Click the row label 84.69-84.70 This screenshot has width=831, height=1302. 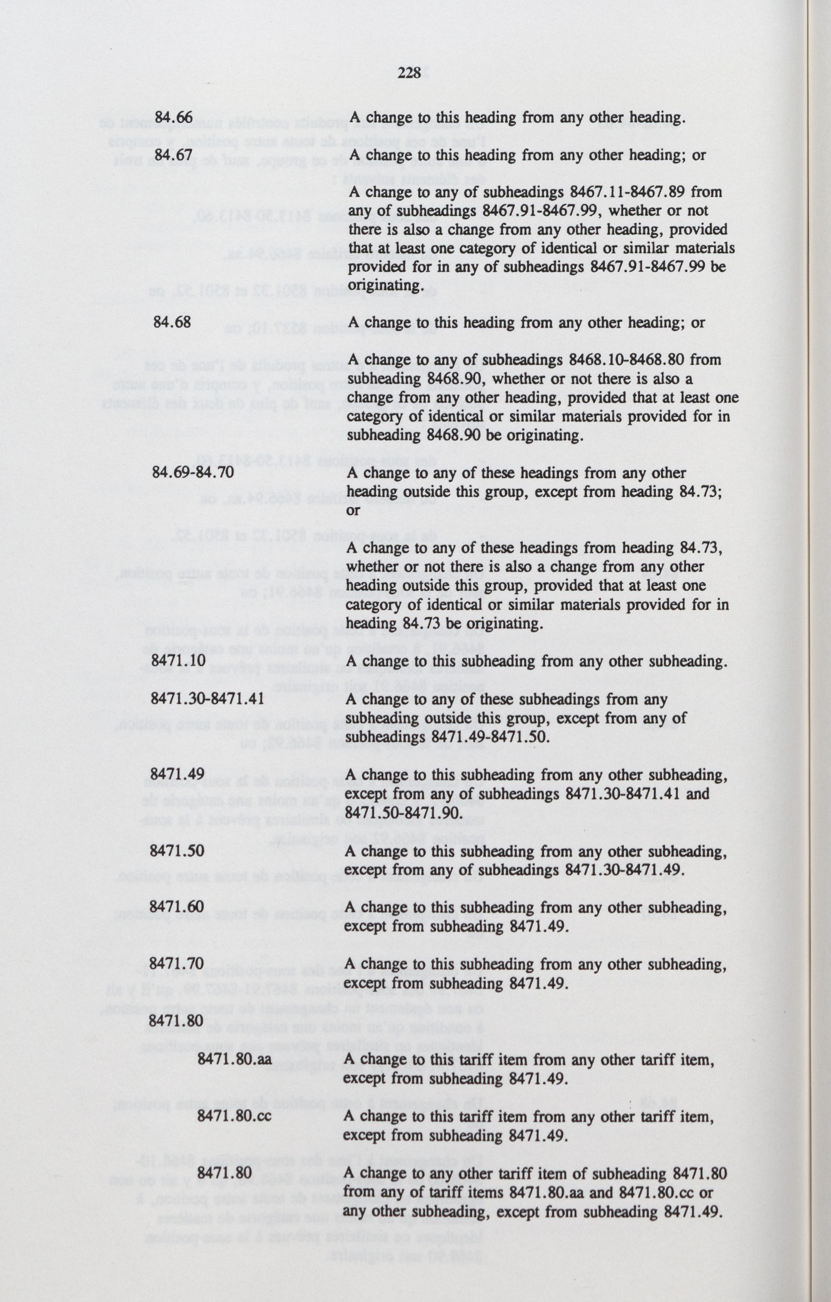point(194,472)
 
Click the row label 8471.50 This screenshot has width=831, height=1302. point(177,851)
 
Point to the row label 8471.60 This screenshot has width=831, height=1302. point(177,907)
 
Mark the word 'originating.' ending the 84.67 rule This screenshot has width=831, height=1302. point(377,285)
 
